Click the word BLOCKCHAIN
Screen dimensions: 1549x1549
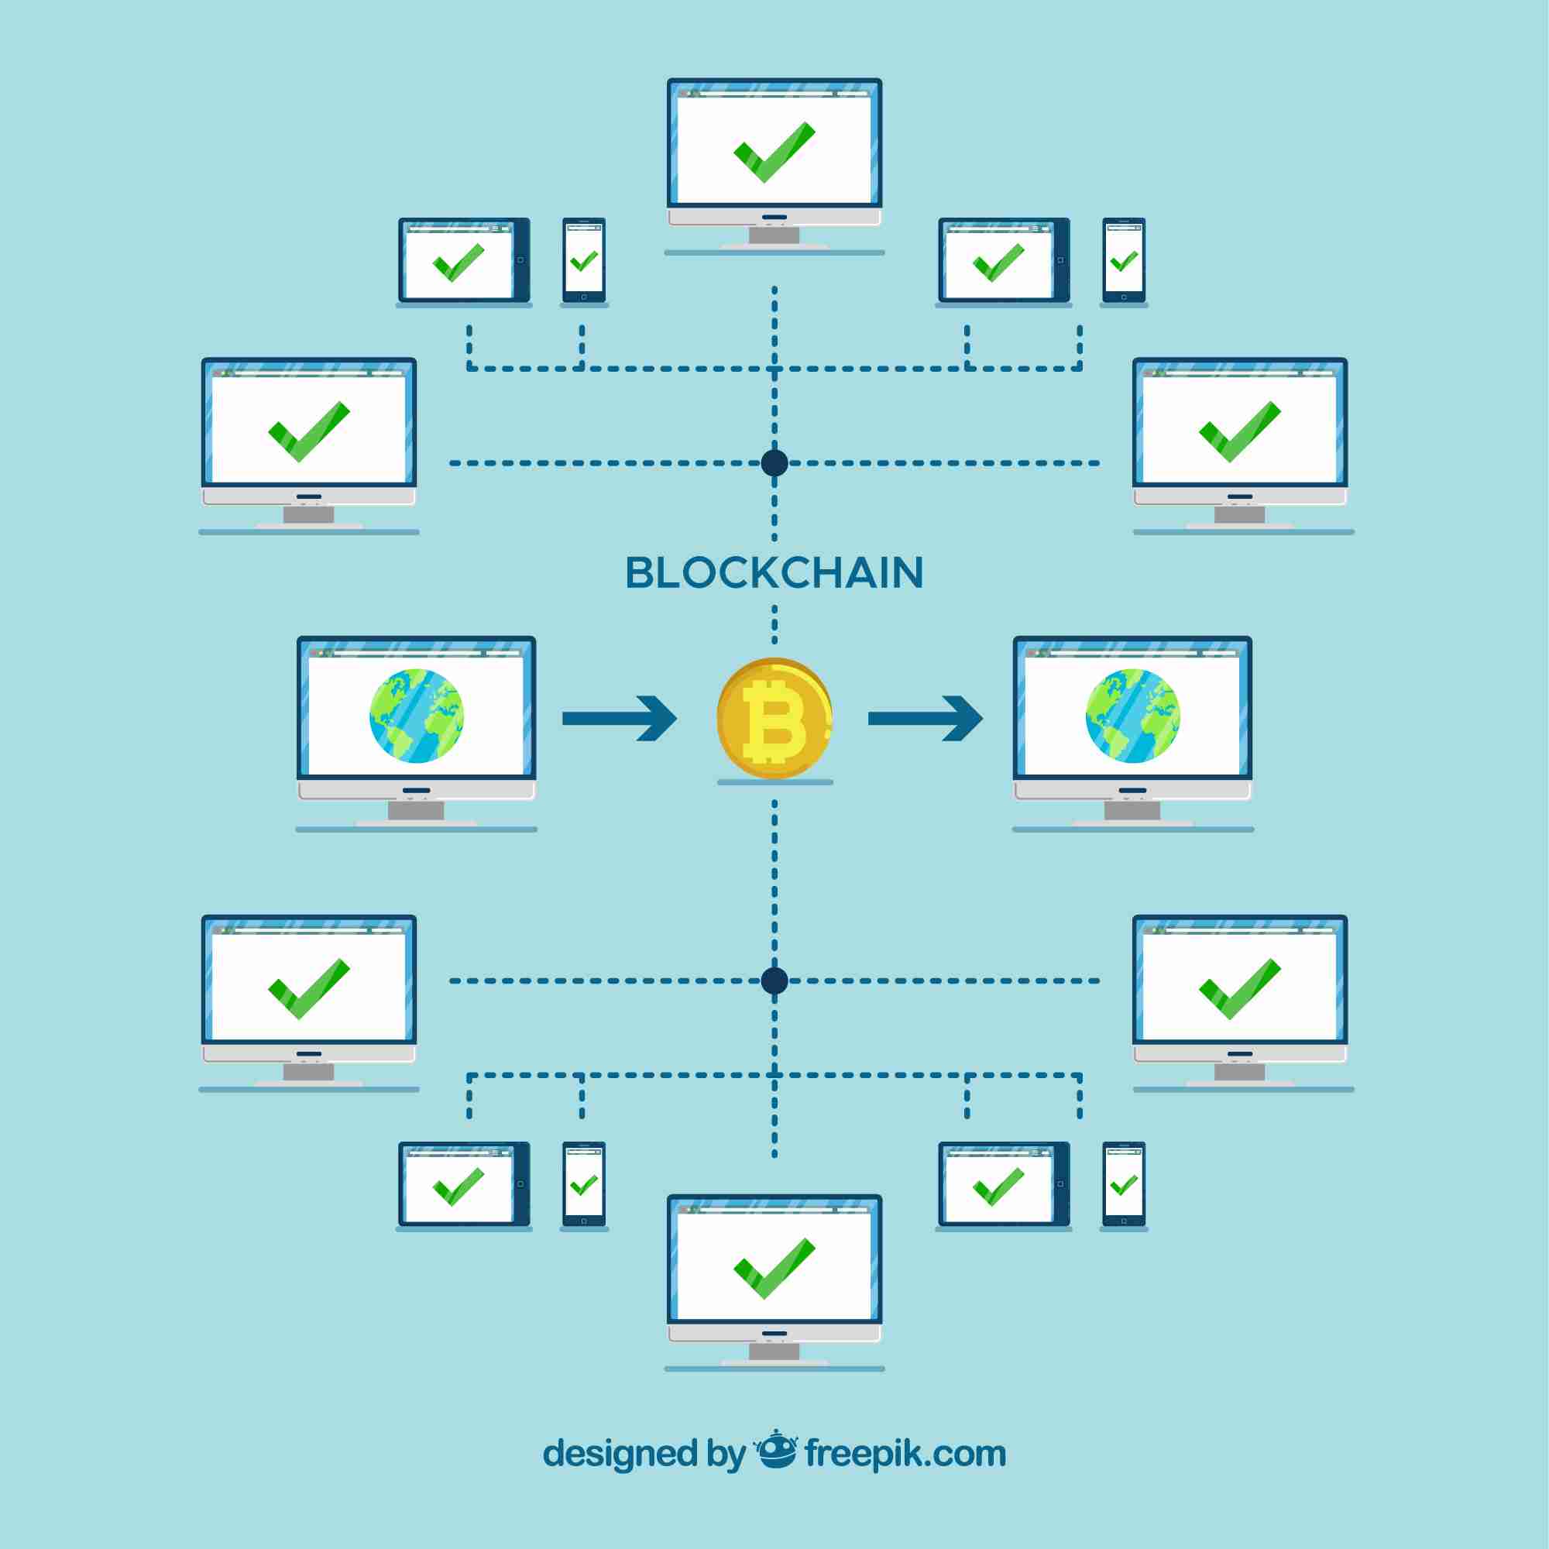point(774,572)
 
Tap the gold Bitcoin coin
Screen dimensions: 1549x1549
point(774,718)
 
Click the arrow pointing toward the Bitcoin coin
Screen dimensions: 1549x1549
point(620,719)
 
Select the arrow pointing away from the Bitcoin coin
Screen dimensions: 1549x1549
point(926,719)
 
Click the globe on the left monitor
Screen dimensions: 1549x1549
point(416,716)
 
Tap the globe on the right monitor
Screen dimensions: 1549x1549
point(1132,716)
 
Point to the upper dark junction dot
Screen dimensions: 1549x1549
point(774,462)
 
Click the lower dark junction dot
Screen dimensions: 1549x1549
point(774,980)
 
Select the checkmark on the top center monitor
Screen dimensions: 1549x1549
point(774,153)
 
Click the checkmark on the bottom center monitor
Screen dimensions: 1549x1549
point(774,1269)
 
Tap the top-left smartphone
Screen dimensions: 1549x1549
point(584,260)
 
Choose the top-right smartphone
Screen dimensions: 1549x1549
point(1123,260)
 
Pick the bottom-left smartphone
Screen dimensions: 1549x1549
point(584,1184)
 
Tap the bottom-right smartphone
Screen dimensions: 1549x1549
point(1123,1184)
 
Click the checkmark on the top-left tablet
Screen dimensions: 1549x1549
point(458,263)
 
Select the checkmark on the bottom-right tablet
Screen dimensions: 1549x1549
point(998,1187)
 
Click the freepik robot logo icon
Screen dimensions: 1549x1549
point(775,1449)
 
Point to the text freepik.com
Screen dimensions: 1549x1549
point(905,1453)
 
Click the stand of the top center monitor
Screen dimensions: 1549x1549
point(774,235)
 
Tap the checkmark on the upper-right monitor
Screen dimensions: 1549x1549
point(1239,431)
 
